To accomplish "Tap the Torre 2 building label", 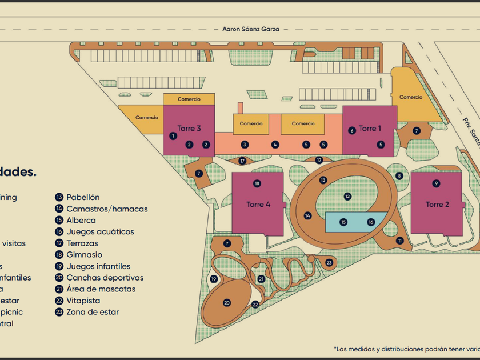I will tap(437, 204).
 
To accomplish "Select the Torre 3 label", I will tap(189, 129).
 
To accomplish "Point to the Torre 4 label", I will tap(258, 204).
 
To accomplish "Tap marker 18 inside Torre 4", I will tap(257, 183).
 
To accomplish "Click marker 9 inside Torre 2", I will tap(436, 183).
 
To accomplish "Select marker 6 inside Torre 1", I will tap(352, 130).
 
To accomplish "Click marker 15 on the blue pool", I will tap(343, 222).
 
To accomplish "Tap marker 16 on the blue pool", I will tap(370, 222).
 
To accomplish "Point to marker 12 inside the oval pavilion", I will tap(347, 196).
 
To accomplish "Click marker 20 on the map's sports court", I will tap(227, 302).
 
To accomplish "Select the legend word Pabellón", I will tap(83, 197).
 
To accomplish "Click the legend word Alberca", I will tap(81, 220).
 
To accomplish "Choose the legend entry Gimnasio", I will tap(85, 255).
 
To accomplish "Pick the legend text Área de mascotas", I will tap(101, 289).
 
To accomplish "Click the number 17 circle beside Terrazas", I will tap(59, 243).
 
